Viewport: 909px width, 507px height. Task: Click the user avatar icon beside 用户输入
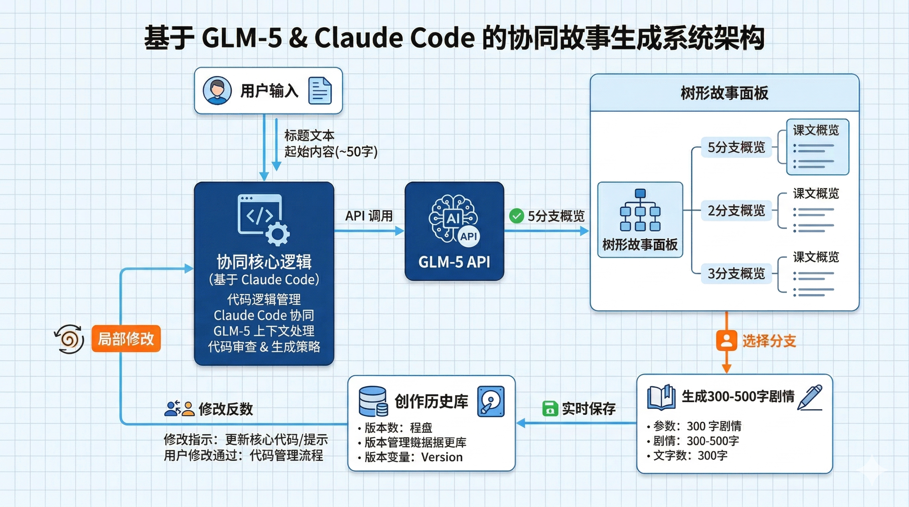pos(217,91)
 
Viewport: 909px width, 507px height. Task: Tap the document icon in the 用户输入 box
pos(320,91)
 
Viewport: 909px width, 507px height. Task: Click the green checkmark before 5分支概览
pos(516,216)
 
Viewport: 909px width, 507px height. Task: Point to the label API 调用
pos(369,216)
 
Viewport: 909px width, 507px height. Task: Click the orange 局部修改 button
pos(126,339)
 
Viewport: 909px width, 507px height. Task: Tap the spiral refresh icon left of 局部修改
pos(69,339)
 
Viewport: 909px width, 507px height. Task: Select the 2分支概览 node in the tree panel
pos(736,211)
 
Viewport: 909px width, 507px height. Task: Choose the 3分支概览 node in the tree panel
pos(736,274)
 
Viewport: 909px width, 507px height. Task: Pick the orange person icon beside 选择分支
pos(726,341)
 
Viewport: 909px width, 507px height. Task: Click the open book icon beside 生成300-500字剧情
pos(661,397)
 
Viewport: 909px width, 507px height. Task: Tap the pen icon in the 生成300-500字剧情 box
pos(810,397)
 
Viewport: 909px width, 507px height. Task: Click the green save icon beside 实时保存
pos(550,408)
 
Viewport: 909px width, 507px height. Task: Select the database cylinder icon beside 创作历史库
pos(373,401)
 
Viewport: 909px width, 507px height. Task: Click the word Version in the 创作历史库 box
pos(442,457)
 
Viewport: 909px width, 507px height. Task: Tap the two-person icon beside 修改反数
pos(180,409)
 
